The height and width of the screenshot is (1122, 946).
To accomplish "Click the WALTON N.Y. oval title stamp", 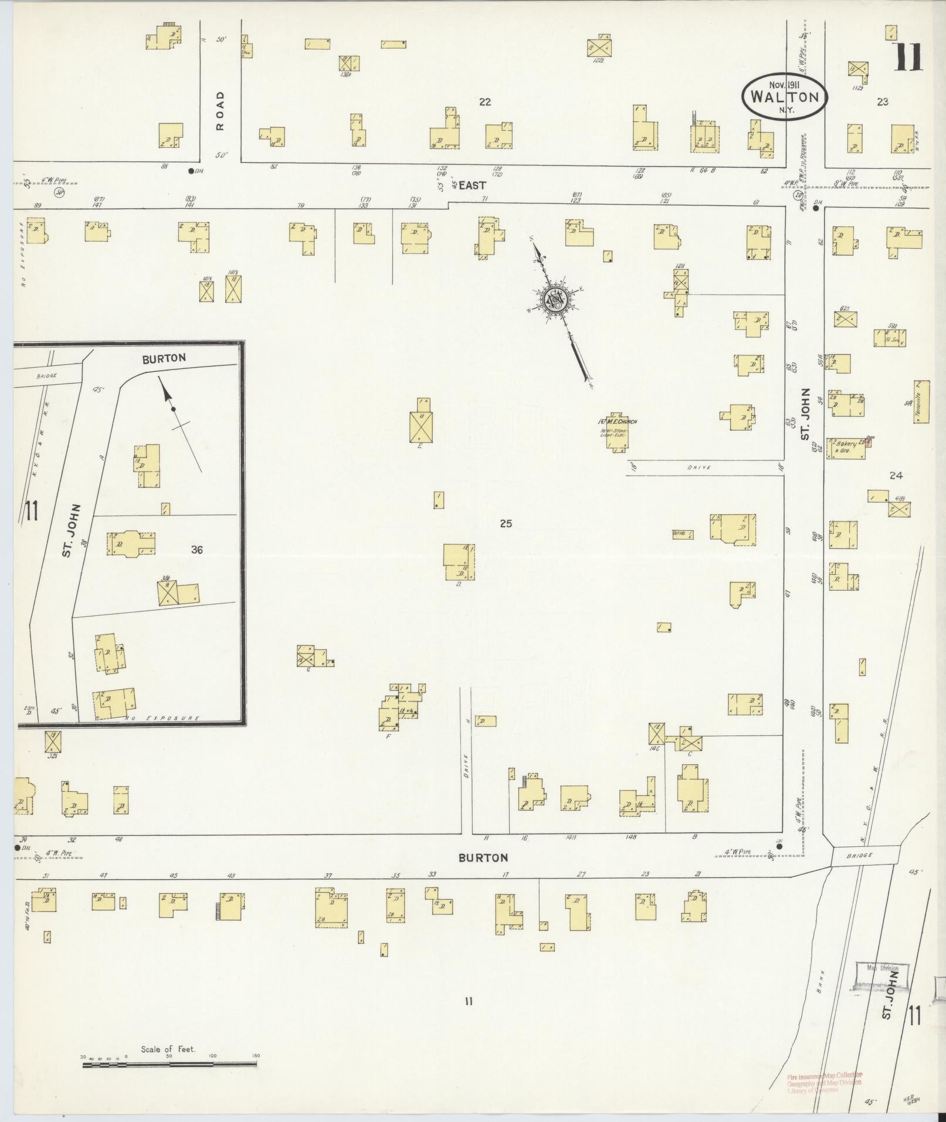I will click(x=784, y=97).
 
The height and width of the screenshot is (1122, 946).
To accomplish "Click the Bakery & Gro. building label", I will click(x=843, y=448).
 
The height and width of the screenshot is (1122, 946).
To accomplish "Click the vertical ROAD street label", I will click(x=220, y=110).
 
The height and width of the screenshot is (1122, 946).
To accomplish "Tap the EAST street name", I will click(x=472, y=185).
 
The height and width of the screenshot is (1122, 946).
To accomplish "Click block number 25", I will click(x=506, y=523).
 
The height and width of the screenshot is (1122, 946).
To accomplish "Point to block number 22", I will click(x=484, y=102).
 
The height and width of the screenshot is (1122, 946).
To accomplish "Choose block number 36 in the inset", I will click(x=196, y=550).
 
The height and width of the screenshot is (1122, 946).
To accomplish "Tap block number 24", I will click(x=895, y=476).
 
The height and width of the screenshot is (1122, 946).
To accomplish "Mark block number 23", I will click(x=882, y=102).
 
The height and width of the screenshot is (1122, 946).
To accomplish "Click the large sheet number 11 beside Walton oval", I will click(x=907, y=57).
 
